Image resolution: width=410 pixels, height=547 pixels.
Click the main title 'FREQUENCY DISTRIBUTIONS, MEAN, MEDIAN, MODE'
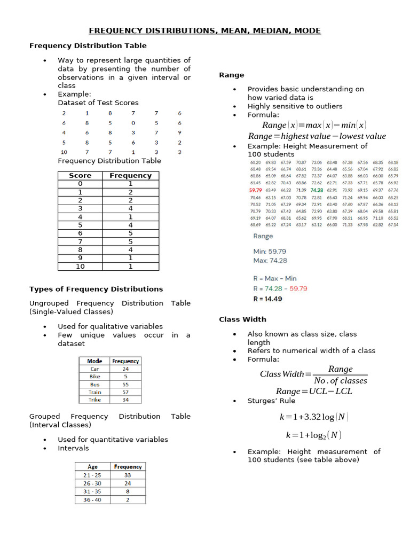coord(205,30)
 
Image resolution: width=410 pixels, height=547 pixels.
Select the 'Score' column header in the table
coord(80,175)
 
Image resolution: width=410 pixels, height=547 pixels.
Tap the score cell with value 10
coord(80,266)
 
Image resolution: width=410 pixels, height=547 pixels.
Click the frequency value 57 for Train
coord(125,392)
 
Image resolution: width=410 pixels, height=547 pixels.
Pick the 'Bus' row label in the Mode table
coord(94,384)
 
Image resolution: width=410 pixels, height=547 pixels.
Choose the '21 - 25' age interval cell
coord(92,475)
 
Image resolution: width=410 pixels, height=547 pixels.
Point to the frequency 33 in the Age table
coord(128,475)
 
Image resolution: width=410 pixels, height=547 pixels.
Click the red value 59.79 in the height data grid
coord(256,190)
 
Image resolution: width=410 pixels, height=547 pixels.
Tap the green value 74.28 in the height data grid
coord(317,190)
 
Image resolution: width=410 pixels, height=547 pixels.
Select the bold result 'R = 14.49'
coord(268,299)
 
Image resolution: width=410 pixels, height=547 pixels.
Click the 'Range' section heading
coord(232,75)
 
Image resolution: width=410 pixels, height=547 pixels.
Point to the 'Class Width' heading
coord(242,319)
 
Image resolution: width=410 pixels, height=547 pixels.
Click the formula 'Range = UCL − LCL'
coord(314,391)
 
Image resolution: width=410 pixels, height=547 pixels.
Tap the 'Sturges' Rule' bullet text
coord(271,401)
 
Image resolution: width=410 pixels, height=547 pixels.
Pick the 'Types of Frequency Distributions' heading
coord(96,289)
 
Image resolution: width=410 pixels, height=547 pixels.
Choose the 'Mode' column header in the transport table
coord(94,361)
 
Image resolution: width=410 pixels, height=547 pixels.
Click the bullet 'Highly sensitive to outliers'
coord(295,106)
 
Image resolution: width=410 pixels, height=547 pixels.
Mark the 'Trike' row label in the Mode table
coord(94,400)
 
